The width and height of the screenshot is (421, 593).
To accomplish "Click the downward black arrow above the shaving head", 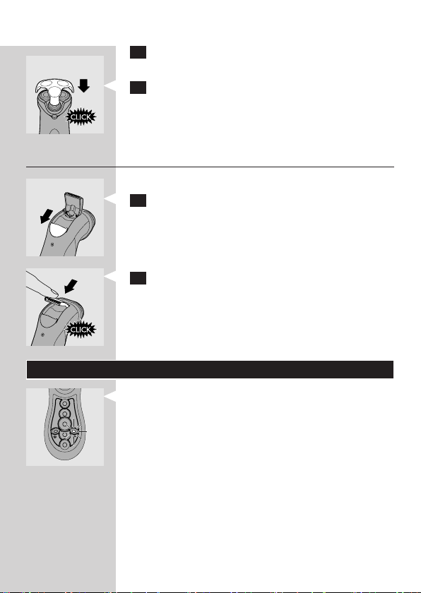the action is pos(83,85).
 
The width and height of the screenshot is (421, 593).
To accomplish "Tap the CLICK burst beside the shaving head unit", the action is pos(81,117).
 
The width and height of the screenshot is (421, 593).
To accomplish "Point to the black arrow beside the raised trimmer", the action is pos(47,217).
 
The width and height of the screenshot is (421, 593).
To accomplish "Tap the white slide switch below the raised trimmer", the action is pos(57,231).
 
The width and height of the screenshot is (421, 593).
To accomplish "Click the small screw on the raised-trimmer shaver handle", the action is pos(52,244).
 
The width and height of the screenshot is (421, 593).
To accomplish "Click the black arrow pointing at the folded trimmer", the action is pos(71,287).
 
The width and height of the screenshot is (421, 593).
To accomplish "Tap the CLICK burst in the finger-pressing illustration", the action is pos(81,330).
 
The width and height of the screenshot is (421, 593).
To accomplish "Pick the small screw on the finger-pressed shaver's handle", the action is pos(43,335).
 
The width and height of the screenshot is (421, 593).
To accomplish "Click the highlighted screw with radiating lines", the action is pos(74,430).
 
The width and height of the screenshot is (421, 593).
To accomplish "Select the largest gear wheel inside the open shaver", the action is pos(65,424).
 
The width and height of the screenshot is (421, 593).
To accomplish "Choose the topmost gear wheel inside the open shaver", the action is pos(65,404).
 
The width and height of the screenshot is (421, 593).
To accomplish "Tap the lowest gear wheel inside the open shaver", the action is pos(65,445).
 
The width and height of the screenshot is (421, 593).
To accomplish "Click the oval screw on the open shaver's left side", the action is pos(55,431).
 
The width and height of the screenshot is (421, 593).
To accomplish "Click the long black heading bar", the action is pos(210,369).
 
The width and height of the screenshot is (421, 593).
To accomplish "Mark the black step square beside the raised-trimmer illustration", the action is pos(138,200).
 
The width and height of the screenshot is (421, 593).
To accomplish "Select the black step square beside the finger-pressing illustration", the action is pos(138,278).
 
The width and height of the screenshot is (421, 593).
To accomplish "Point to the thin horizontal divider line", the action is pos(210,167).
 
